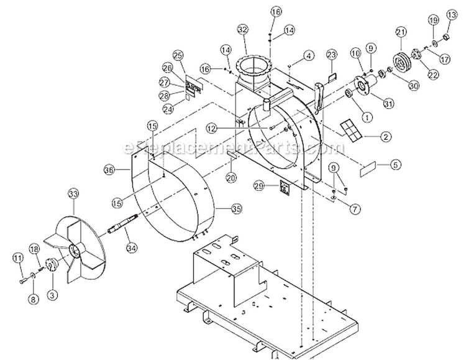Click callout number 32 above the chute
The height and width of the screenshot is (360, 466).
pos(242,29)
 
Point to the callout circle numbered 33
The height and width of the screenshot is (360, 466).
pos(73,195)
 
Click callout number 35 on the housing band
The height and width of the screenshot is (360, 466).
pos(219,208)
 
